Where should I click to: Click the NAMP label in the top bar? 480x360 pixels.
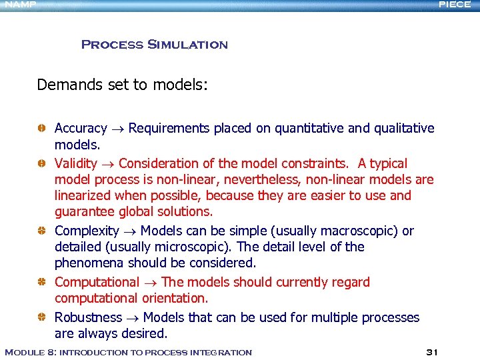[x=18, y=5]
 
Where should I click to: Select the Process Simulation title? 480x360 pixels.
[x=154, y=45]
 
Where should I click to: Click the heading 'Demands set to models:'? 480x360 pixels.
[x=123, y=85]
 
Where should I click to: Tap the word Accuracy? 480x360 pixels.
[x=81, y=128]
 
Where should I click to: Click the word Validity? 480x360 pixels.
[x=75, y=163]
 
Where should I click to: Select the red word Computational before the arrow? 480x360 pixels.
[x=97, y=282]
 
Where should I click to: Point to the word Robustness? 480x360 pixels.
[x=88, y=317]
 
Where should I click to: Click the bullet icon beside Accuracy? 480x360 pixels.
[x=41, y=128]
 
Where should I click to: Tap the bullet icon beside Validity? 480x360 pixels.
[x=41, y=163]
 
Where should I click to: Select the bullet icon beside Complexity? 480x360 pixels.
[x=41, y=231]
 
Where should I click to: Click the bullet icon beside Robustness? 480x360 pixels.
[x=41, y=317]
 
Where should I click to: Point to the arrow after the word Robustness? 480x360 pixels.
[x=132, y=318]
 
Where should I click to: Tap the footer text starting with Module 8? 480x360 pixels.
[x=128, y=352]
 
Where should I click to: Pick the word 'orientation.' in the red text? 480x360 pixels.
[x=175, y=298]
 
